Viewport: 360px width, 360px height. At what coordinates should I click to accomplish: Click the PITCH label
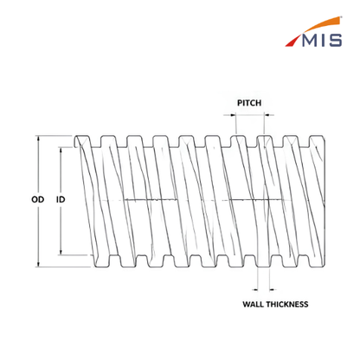tap(249, 103)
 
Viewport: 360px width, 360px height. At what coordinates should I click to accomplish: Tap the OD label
tap(38, 199)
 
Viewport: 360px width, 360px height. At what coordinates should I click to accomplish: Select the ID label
tap(61, 199)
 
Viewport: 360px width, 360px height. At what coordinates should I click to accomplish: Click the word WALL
tap(253, 305)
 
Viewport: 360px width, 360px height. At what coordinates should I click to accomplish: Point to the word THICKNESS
tap(287, 305)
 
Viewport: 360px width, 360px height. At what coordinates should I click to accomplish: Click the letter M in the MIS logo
tap(311, 40)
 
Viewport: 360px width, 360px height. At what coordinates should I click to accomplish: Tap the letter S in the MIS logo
tap(336, 40)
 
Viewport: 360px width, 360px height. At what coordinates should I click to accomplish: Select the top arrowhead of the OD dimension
tap(38, 138)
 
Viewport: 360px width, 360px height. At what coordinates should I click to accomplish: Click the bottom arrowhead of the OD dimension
tap(38, 264)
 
